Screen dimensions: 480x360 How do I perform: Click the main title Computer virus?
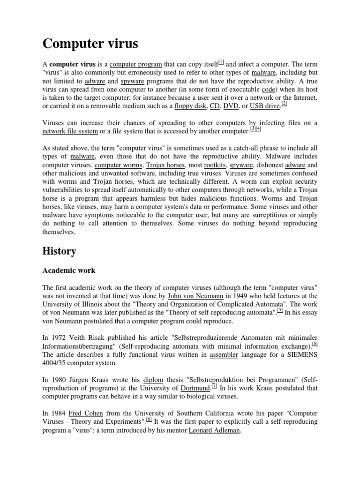[90, 44]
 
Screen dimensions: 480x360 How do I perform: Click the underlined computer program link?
[135, 64]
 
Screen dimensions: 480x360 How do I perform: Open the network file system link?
[70, 132]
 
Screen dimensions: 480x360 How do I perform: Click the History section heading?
[59, 251]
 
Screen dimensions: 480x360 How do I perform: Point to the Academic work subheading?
[69, 270]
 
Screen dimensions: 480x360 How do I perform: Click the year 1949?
[254, 296]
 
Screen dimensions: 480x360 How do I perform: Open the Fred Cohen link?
[84, 413]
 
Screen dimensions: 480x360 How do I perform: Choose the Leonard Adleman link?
[214, 431]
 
